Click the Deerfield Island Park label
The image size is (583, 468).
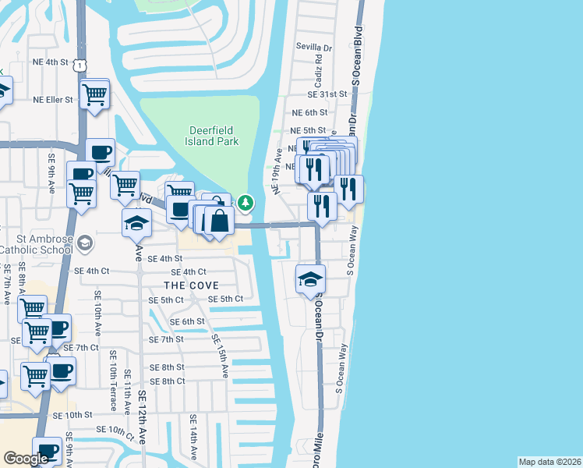[213, 136]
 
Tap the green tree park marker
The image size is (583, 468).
[246, 204]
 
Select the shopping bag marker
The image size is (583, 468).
[219, 221]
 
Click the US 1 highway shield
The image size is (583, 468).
[80, 67]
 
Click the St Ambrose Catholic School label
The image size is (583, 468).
[37, 245]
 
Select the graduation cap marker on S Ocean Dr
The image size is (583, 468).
[310, 279]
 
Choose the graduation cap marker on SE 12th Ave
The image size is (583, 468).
[136, 222]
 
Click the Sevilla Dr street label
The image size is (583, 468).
[313, 47]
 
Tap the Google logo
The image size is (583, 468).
[26, 459]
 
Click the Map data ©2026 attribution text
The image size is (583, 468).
[549, 462]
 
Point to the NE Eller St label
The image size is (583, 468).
[52, 100]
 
